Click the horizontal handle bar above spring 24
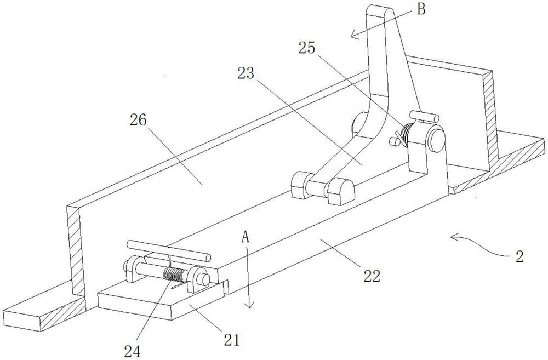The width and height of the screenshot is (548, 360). click(x=168, y=250)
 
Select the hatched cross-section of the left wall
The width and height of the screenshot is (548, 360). click(x=76, y=253)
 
